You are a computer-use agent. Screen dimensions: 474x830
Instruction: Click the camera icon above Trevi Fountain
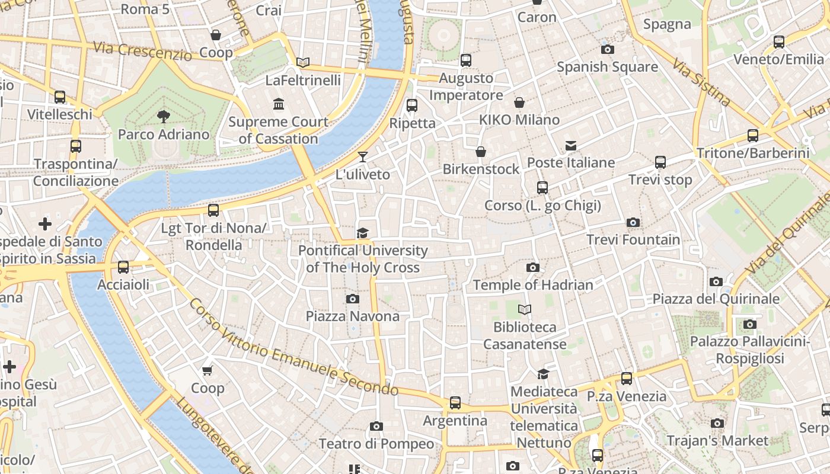pyautogui.click(x=633, y=223)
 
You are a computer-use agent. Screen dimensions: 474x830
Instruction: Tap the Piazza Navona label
pyautogui.click(x=353, y=316)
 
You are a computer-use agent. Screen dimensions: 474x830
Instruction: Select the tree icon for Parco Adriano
pyautogui.click(x=163, y=117)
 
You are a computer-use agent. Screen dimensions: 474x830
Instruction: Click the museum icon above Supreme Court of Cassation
pyautogui.click(x=279, y=104)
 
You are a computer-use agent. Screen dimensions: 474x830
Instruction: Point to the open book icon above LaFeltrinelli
pyautogui.click(x=303, y=62)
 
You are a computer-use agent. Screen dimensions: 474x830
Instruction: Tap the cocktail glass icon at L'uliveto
pyautogui.click(x=363, y=157)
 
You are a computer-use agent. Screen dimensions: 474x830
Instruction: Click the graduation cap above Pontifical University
pyautogui.click(x=362, y=233)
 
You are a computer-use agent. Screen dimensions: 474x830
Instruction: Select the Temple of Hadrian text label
pyautogui.click(x=533, y=285)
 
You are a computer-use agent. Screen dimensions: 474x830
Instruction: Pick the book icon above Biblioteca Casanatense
pyautogui.click(x=525, y=309)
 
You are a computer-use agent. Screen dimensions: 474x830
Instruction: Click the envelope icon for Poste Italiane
pyautogui.click(x=571, y=145)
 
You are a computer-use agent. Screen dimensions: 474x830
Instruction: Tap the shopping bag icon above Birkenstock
pyautogui.click(x=481, y=152)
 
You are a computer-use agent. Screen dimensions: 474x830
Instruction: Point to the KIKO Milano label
pyautogui.click(x=519, y=120)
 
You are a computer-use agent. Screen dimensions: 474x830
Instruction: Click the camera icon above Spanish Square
pyautogui.click(x=608, y=50)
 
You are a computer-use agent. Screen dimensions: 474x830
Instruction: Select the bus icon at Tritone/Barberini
pyautogui.click(x=753, y=136)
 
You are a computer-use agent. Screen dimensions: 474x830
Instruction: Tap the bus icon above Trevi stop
pyautogui.click(x=660, y=162)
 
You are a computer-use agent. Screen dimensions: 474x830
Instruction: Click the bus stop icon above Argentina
pyautogui.click(x=455, y=403)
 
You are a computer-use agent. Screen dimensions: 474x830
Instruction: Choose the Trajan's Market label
pyautogui.click(x=717, y=441)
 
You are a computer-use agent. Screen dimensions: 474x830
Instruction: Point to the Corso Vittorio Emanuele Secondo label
pyautogui.click(x=293, y=347)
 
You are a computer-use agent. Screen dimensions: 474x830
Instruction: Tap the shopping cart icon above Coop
pyautogui.click(x=207, y=371)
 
